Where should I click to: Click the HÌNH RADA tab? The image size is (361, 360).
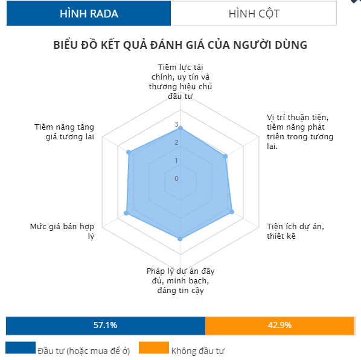click(x=89, y=13)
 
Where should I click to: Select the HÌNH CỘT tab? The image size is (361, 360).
click(x=254, y=13)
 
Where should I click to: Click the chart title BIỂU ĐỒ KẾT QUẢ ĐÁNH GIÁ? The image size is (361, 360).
click(x=180, y=45)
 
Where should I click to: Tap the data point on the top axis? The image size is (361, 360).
click(x=180, y=128)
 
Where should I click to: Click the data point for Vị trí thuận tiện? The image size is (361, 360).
click(x=225, y=156)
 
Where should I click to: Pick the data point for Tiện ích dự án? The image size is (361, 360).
click(x=232, y=212)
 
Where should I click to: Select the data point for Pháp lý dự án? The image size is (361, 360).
click(x=180, y=239)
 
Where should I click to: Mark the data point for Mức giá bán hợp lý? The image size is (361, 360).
click(x=126, y=213)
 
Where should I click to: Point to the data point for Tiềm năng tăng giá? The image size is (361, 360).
click(x=129, y=153)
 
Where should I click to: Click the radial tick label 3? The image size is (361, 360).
click(x=176, y=124)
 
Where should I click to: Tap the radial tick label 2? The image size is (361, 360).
click(x=176, y=142)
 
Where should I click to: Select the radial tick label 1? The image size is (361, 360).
click(x=176, y=160)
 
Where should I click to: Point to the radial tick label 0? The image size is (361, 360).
click(x=176, y=178)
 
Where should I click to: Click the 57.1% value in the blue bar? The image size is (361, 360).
click(x=105, y=325)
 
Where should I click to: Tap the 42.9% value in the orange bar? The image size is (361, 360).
click(x=280, y=325)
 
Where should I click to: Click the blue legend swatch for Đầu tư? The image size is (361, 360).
click(x=21, y=347)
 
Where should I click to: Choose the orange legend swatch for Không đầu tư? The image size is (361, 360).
click(x=154, y=347)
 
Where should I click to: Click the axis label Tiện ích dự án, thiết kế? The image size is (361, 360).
click(x=295, y=231)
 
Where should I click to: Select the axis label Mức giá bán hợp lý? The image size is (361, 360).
click(x=62, y=231)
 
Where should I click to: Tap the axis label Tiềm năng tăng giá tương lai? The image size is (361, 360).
click(x=64, y=132)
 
